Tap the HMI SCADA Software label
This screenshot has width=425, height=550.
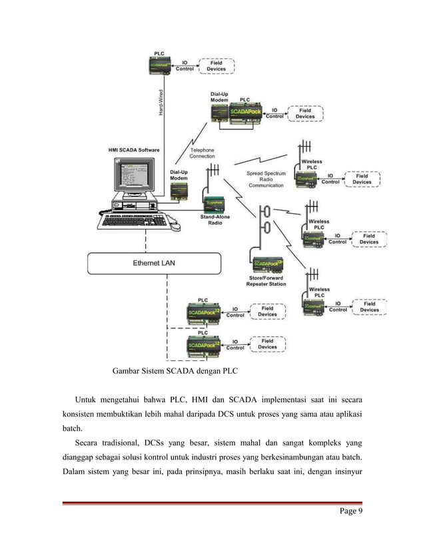tap(133, 150)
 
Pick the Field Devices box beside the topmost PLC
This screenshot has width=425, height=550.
tap(216, 65)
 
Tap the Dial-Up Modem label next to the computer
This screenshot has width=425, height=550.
tap(179, 174)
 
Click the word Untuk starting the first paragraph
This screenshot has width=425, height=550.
tap(89, 400)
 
